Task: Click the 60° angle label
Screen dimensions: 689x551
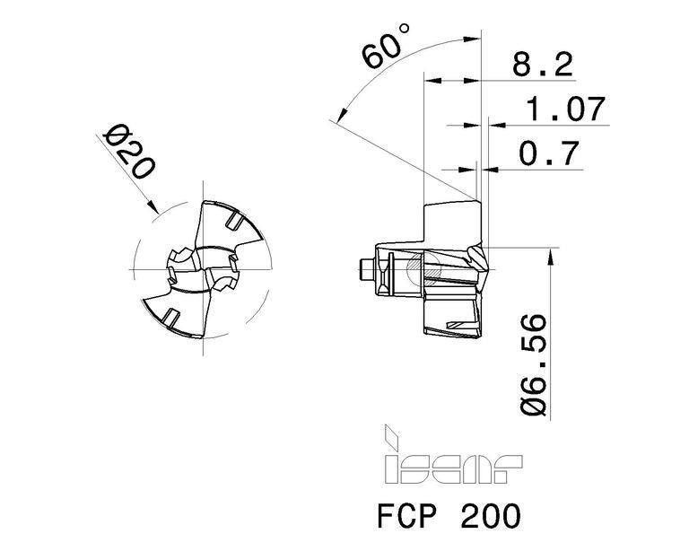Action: click(386, 46)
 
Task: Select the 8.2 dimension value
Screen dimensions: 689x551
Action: click(543, 65)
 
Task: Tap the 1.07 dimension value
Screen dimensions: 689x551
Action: click(566, 109)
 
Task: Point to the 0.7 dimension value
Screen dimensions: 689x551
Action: click(549, 153)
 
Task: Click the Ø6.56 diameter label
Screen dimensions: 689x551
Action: click(534, 364)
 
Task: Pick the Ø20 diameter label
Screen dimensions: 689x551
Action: click(128, 152)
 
